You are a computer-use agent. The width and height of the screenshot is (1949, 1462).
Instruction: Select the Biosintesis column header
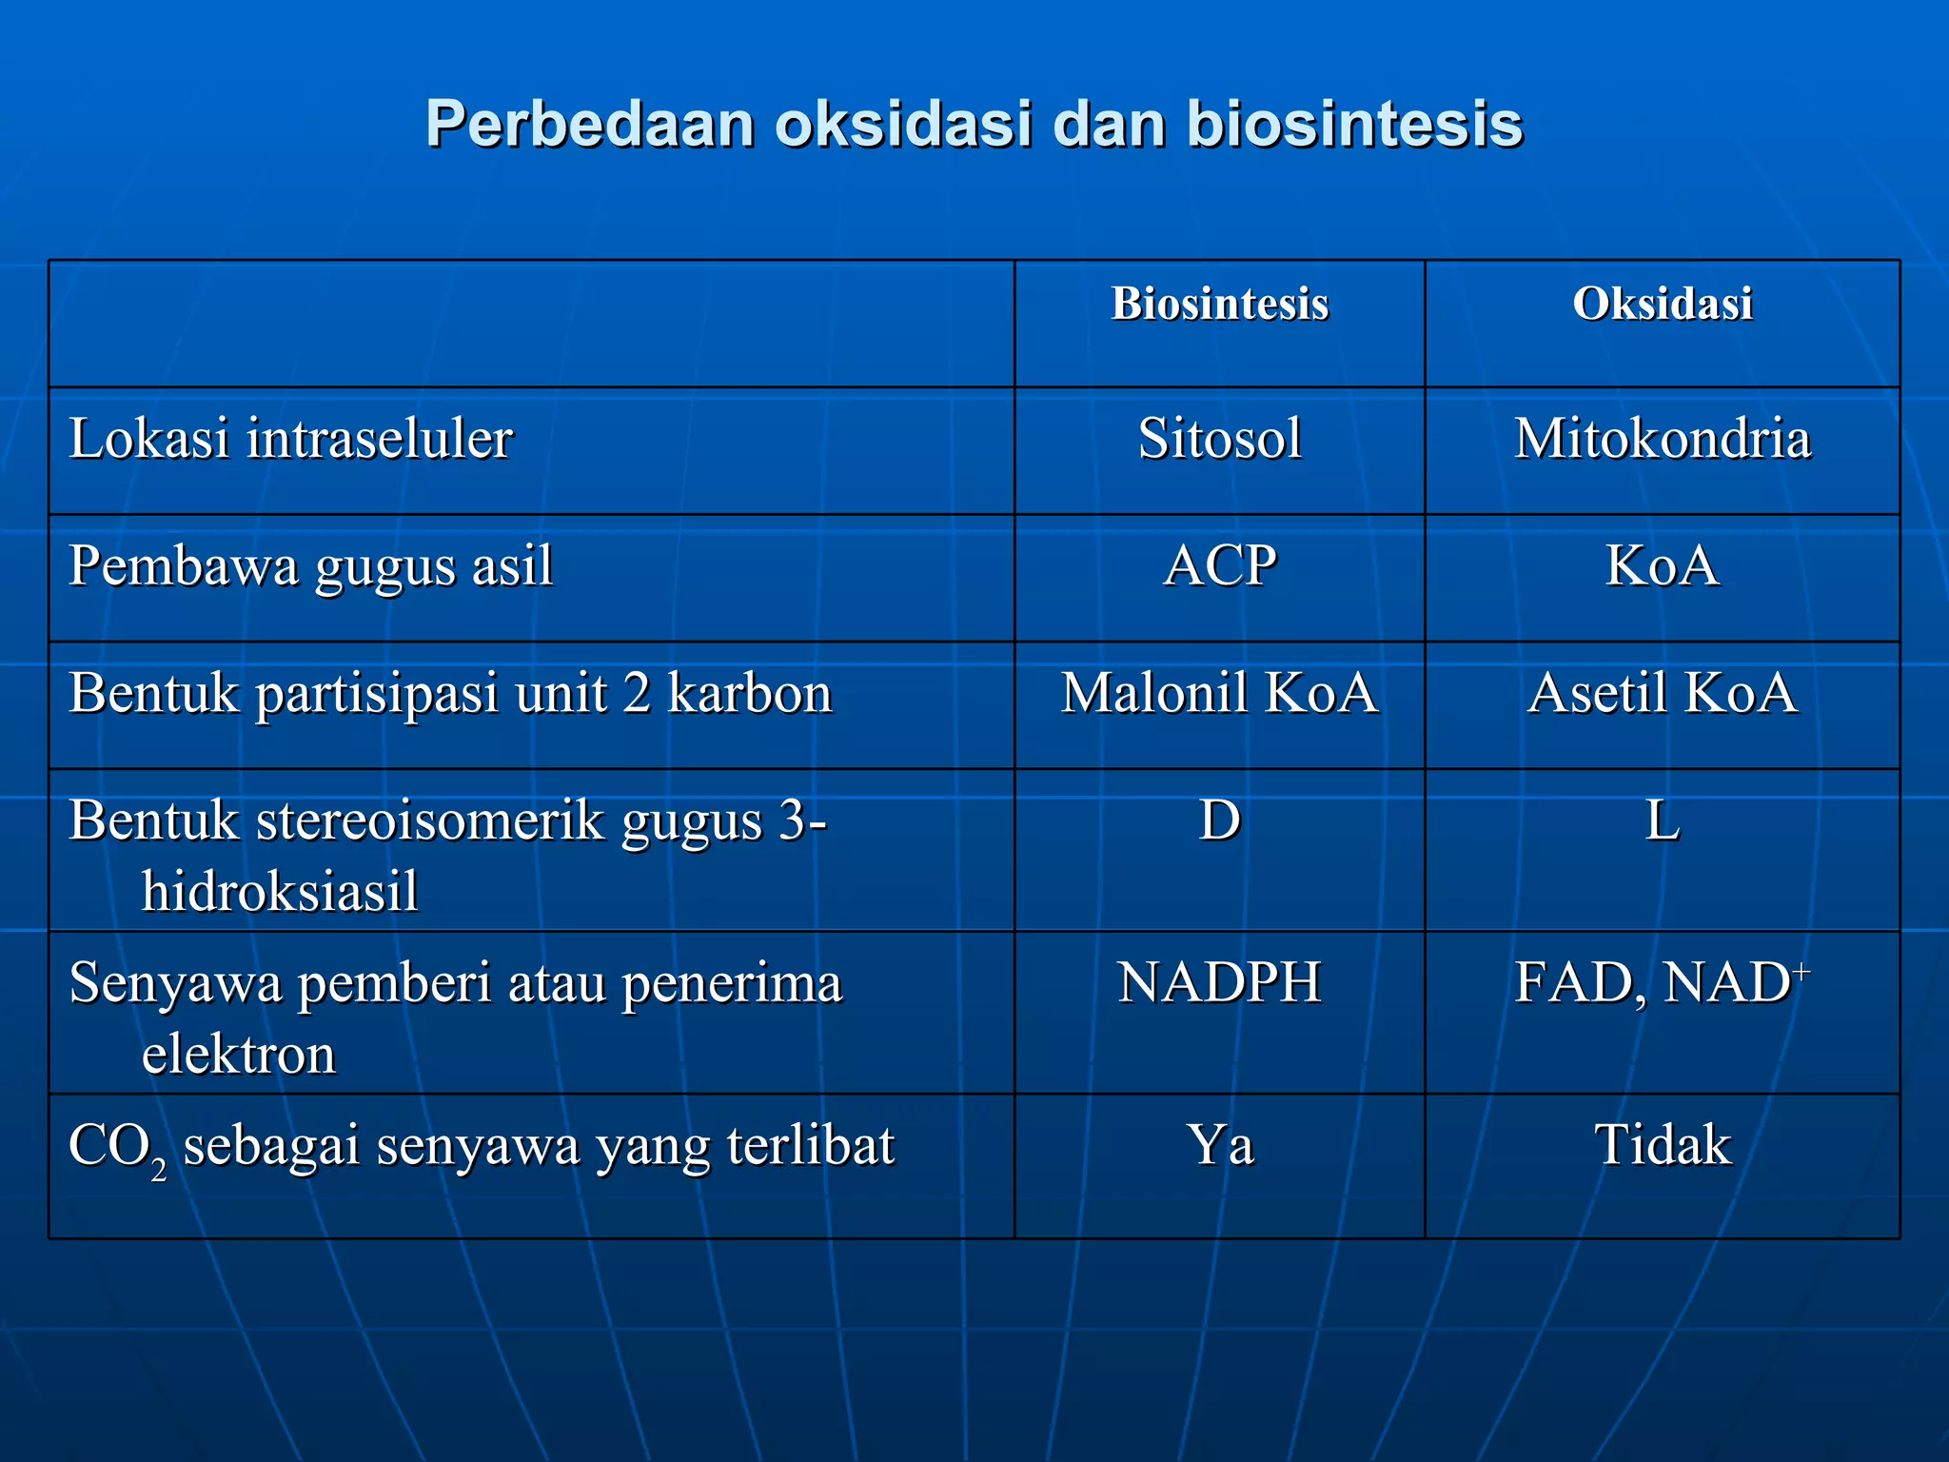pyautogui.click(x=1219, y=305)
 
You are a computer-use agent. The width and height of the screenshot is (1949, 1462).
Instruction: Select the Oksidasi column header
pyautogui.click(x=1662, y=305)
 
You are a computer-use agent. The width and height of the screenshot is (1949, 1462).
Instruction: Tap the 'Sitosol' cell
pyautogui.click(x=1219, y=439)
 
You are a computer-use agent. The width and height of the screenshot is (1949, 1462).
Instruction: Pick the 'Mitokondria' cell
pyautogui.click(x=1662, y=439)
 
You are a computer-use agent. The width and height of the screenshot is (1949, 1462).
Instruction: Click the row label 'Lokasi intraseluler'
pyautogui.click(x=290, y=439)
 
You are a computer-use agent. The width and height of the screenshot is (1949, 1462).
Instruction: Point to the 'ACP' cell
pyautogui.click(x=1219, y=565)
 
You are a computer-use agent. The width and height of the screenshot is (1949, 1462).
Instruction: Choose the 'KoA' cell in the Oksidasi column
pyautogui.click(x=1662, y=565)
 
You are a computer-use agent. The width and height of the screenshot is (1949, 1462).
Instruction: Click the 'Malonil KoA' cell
pyautogui.click(x=1219, y=693)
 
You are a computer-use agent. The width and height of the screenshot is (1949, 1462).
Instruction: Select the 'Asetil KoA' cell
pyautogui.click(x=1662, y=693)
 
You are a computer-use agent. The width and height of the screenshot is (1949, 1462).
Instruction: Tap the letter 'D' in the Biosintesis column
pyautogui.click(x=1219, y=820)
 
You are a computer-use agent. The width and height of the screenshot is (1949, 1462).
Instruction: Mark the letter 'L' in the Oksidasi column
pyautogui.click(x=1662, y=820)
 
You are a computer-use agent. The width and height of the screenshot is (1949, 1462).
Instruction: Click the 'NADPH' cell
pyautogui.click(x=1219, y=982)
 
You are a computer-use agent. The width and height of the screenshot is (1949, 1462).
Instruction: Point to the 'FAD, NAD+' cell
pyautogui.click(x=1662, y=982)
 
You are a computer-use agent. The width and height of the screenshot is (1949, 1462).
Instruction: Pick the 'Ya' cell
pyautogui.click(x=1219, y=1144)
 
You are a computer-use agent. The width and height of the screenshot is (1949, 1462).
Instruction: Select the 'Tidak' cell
pyautogui.click(x=1662, y=1144)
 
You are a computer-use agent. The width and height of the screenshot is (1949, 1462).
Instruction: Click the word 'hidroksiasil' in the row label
pyautogui.click(x=280, y=892)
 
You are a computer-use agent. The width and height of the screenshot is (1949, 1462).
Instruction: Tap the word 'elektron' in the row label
pyautogui.click(x=239, y=1055)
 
